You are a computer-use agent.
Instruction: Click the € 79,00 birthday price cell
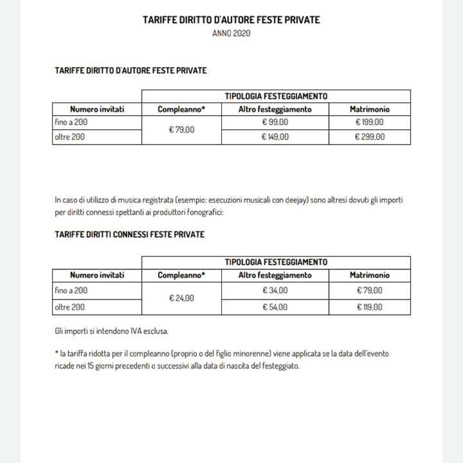[x=181, y=129]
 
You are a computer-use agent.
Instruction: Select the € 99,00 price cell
[x=275, y=122]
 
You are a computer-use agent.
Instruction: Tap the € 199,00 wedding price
[x=370, y=122]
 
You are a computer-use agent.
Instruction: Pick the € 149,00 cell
[x=275, y=136]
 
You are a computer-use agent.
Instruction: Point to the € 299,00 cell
[x=370, y=136]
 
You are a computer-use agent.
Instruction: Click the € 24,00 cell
[x=181, y=298]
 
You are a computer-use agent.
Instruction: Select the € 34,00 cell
[x=275, y=291]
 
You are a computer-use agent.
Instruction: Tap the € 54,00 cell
[x=275, y=307]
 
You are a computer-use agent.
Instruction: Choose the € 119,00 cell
[x=370, y=307]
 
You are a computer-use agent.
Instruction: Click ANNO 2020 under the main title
[x=232, y=33]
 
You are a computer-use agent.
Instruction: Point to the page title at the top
[x=232, y=20]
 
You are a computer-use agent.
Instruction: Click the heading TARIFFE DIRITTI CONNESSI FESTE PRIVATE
[x=130, y=235]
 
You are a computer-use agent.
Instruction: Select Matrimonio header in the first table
[x=370, y=109]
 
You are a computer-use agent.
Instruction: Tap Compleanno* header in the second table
[x=181, y=275]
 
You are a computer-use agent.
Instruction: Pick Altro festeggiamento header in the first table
[x=275, y=109]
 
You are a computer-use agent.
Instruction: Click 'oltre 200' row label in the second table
[x=69, y=307]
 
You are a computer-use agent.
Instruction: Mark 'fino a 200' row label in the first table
[x=71, y=122]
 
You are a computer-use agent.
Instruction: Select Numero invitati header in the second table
[x=97, y=275]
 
